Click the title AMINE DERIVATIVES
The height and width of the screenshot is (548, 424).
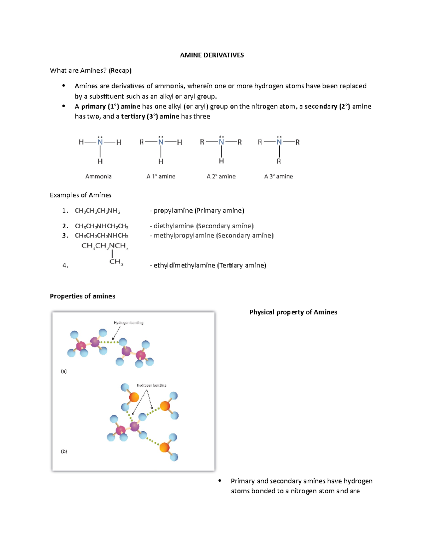pyautogui.click(x=212, y=55)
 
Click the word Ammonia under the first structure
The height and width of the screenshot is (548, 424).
pyautogui.click(x=98, y=176)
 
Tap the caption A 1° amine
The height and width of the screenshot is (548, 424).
pyautogui.click(x=161, y=176)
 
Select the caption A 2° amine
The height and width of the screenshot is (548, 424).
pyautogui.click(x=221, y=176)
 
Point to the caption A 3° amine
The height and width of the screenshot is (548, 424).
pyautogui.click(x=278, y=176)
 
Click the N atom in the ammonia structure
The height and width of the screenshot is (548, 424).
pyautogui.click(x=100, y=142)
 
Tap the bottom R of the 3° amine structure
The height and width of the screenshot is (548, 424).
pyautogui.click(x=279, y=161)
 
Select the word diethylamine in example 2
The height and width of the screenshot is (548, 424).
pyautogui.click(x=174, y=226)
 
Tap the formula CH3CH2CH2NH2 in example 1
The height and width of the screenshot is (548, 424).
pyautogui.click(x=98, y=211)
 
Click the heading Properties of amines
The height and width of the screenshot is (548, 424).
pyautogui.click(x=82, y=296)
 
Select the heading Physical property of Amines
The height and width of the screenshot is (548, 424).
pyautogui.click(x=293, y=312)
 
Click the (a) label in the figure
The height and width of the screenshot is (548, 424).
pyautogui.click(x=64, y=371)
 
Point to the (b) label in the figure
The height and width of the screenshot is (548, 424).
pyautogui.click(x=64, y=451)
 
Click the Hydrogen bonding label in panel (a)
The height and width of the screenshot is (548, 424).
pyautogui.click(x=129, y=323)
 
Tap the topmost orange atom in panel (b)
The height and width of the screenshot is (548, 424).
pyautogui.click(x=134, y=397)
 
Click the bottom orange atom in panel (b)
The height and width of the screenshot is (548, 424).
pyautogui.click(x=164, y=447)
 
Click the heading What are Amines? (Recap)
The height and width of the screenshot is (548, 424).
pyautogui.click(x=91, y=71)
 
